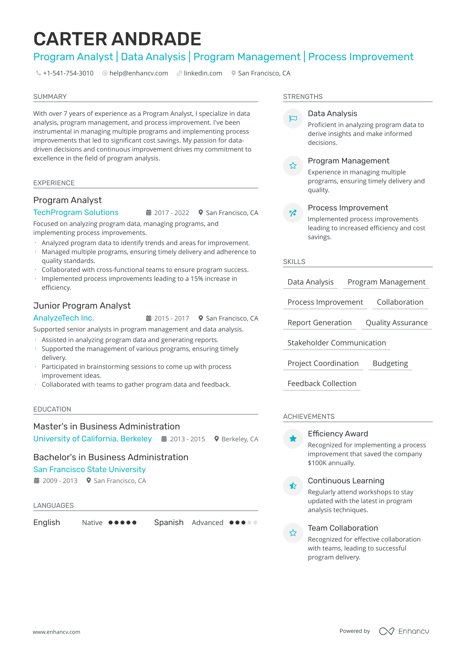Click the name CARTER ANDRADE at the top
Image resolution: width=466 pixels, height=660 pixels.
tap(117, 39)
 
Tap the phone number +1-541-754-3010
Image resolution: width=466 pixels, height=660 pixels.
tap(68, 73)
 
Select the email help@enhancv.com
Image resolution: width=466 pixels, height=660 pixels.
tap(138, 73)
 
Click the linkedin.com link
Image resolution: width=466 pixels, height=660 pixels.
tap(203, 73)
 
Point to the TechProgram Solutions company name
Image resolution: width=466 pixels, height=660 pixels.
tap(76, 212)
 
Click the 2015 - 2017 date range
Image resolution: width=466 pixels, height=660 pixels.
tap(171, 318)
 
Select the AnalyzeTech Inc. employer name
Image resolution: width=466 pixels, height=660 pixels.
tap(64, 318)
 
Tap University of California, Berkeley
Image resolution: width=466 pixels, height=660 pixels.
tap(93, 439)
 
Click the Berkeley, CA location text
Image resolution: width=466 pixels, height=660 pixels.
tap(240, 439)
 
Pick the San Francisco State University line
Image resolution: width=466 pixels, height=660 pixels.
tap(90, 469)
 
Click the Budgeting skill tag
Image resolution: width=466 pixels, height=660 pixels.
tap(390, 363)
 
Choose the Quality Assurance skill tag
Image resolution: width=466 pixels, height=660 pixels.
tap(397, 323)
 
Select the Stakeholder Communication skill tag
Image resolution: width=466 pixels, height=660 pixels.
tap(336, 343)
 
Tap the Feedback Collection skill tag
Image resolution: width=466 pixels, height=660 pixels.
tap(322, 383)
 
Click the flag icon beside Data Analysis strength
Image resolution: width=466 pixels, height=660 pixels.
tap(293, 118)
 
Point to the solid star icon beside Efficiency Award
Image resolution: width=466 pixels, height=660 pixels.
tap(293, 439)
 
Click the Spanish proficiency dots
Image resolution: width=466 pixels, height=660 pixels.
tap(243, 523)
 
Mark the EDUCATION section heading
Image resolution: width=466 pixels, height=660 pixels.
tap(52, 409)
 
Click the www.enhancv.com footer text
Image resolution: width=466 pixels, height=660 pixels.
tap(57, 632)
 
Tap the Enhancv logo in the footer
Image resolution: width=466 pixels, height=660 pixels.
tap(404, 631)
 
